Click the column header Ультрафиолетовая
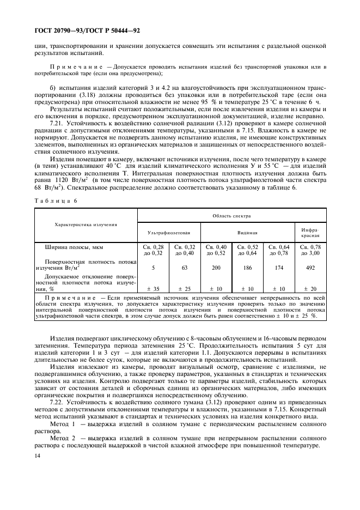[168, 232]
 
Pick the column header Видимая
[247, 232]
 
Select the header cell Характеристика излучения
[86, 224]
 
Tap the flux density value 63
[185, 268]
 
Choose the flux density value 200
[217, 268]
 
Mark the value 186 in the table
[248, 268]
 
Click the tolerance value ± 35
[153, 288]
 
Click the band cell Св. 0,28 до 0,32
[153, 250]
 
